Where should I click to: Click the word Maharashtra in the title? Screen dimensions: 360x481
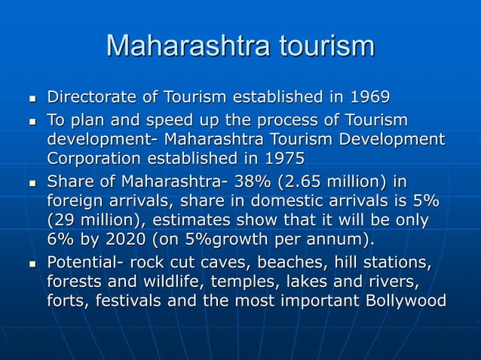point(187,46)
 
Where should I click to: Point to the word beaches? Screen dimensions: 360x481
point(269,264)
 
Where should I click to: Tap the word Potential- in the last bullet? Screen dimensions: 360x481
point(85,264)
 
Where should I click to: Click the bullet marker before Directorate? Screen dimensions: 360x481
point(31,99)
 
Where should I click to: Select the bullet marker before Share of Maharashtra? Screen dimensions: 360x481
point(31,184)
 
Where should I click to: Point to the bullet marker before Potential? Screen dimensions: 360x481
point(31,265)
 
